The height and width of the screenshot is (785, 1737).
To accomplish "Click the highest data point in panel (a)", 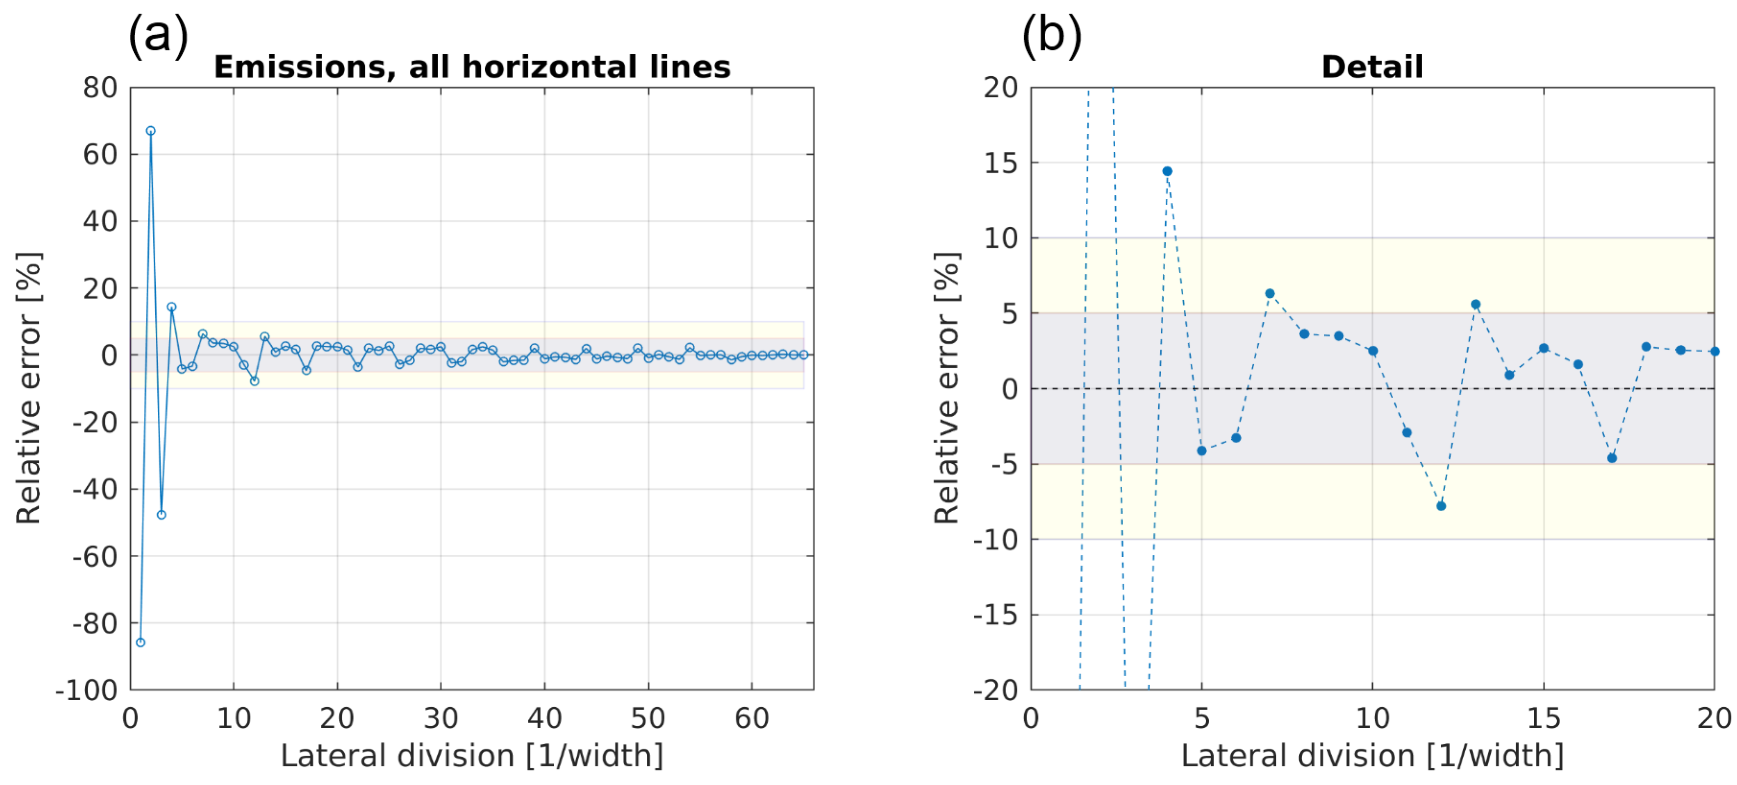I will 151,131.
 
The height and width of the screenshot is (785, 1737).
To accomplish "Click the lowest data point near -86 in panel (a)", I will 140,642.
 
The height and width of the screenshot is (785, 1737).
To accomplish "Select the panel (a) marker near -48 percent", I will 161,515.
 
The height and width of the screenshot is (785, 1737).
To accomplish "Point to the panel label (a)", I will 158,35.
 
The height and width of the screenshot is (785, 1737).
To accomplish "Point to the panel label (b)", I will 1051,35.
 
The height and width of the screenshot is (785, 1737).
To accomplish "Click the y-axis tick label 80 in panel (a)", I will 100,88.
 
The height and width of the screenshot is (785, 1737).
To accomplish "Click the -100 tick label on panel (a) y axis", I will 86,691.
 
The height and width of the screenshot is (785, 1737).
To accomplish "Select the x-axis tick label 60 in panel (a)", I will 751,719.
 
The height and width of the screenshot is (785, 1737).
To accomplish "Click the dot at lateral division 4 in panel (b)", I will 1167,171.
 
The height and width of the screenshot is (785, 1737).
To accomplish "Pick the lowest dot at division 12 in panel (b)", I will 1441,506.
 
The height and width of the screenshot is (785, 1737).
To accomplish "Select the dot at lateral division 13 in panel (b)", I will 1475,304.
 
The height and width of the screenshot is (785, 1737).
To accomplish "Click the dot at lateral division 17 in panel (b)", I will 1611,458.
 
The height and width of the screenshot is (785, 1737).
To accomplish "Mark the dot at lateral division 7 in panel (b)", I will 1270,293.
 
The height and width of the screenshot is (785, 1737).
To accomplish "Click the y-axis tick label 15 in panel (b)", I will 1001,163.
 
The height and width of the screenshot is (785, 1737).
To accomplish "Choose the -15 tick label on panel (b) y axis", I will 995,615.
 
